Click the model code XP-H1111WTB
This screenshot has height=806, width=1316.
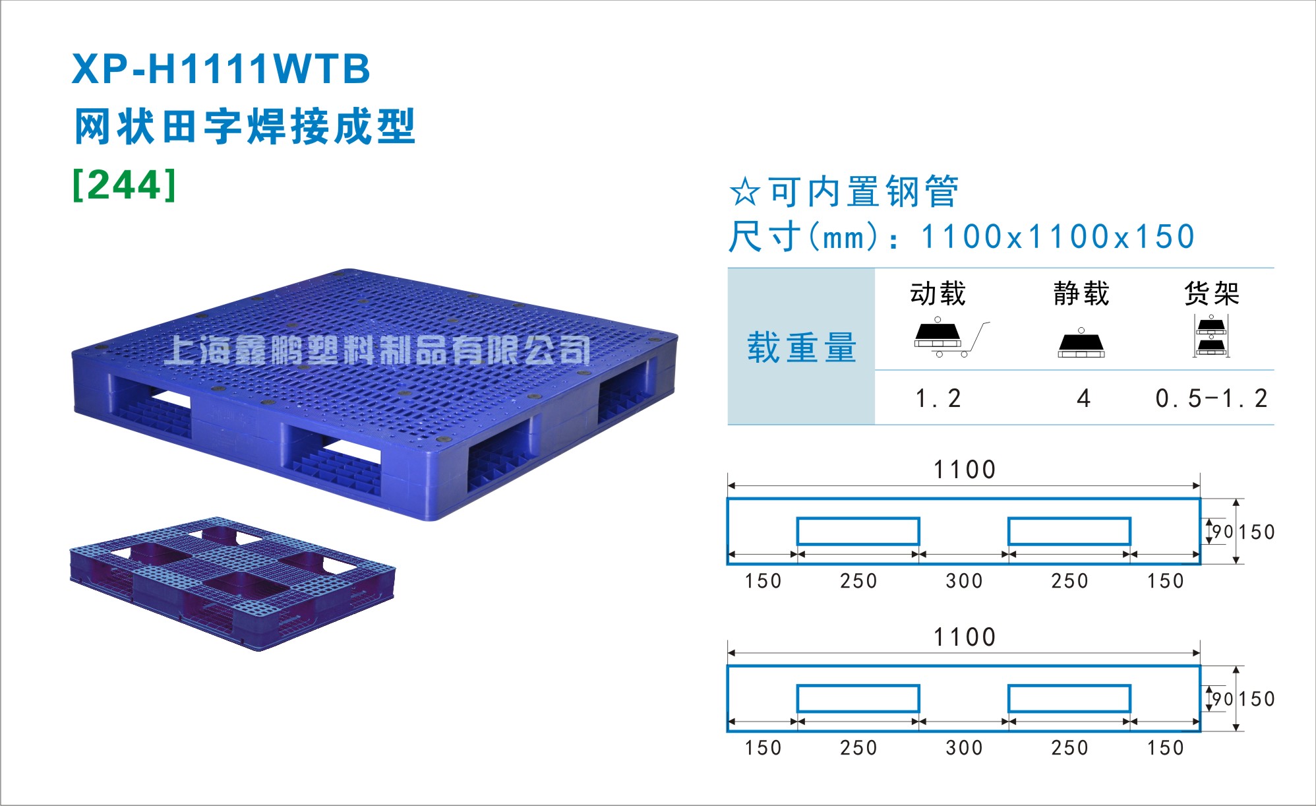click(x=221, y=69)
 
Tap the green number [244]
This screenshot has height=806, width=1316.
click(x=125, y=185)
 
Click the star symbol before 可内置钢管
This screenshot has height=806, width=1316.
click(x=745, y=192)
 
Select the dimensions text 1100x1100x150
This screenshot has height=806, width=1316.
click(x=1058, y=237)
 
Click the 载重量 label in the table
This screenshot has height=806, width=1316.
click(x=802, y=348)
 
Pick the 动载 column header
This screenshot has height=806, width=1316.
click(x=938, y=294)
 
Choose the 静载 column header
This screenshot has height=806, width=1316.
click(x=1081, y=294)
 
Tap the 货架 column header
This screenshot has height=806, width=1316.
click(x=1212, y=294)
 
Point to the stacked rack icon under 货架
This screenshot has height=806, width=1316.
click(x=1211, y=336)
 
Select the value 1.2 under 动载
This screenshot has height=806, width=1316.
click(x=938, y=398)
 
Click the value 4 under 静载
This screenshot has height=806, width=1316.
click(x=1083, y=398)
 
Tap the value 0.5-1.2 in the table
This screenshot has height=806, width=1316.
click(x=1211, y=398)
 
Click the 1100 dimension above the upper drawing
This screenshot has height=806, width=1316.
click(x=965, y=470)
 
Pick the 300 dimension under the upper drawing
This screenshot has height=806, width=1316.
click(x=965, y=581)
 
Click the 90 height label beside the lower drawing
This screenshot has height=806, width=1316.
click(x=1222, y=698)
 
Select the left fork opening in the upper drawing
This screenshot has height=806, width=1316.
click(x=858, y=531)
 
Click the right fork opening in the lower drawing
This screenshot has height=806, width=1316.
click(x=1069, y=698)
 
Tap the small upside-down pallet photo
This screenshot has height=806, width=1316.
click(x=233, y=584)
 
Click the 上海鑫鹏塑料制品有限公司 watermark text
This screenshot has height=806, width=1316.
click(x=377, y=350)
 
